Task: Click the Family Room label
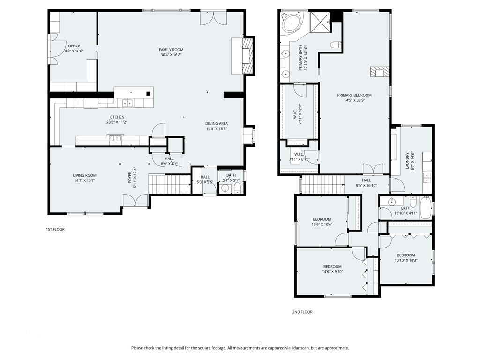(x=171, y=50)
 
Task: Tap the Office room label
(x=74, y=46)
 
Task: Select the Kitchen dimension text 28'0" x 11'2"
(x=117, y=122)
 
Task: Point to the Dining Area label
(x=217, y=123)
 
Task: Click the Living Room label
(x=84, y=175)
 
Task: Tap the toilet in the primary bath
(x=335, y=45)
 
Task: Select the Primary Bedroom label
(x=354, y=95)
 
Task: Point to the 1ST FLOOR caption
(x=55, y=230)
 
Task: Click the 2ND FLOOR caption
(x=302, y=312)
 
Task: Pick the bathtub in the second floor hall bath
(x=425, y=208)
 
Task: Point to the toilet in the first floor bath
(x=237, y=188)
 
